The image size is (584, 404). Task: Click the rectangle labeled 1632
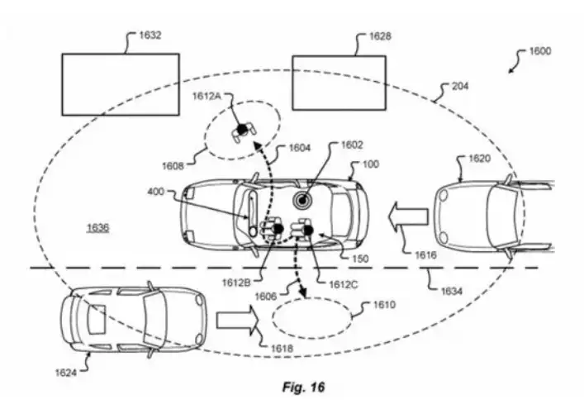point(121,83)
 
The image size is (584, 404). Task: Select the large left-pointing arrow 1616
point(409,216)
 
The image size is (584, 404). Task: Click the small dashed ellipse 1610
point(318,316)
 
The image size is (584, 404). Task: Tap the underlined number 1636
point(98,226)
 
